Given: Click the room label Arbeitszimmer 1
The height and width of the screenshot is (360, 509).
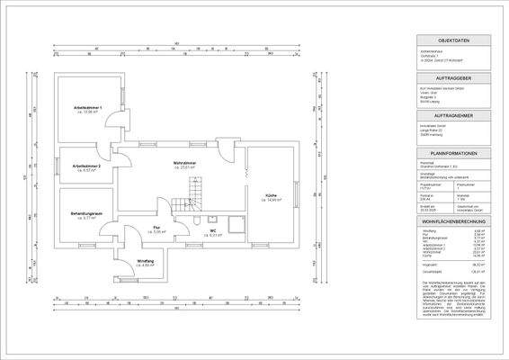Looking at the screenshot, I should (88, 107).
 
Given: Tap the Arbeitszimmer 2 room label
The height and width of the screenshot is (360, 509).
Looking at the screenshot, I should (86, 166).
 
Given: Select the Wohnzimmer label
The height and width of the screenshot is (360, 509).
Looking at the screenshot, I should (186, 162).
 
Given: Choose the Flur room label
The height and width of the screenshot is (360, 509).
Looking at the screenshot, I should (156, 227).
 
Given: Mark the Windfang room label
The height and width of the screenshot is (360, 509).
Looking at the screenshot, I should (146, 261).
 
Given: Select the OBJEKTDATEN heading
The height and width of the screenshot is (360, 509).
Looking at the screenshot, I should (452, 41).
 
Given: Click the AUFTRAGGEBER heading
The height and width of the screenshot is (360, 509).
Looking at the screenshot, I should (452, 79).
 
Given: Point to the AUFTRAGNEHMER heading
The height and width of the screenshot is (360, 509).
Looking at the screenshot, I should (452, 116).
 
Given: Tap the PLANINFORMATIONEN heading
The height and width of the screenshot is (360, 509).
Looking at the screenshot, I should (452, 154).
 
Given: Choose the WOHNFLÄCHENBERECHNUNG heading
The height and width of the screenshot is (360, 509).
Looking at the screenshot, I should (452, 220).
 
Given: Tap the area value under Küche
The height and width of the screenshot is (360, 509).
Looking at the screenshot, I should (271, 200).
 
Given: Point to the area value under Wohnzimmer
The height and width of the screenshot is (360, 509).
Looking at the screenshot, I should (186, 167).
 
